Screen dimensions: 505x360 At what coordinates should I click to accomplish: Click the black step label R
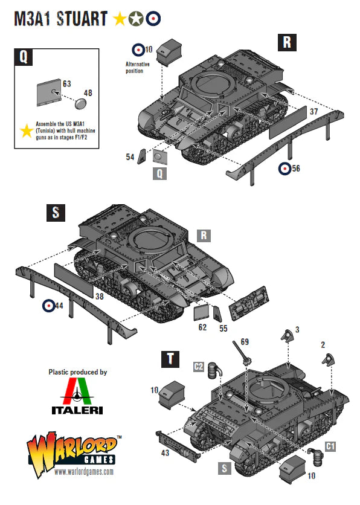point(287,42)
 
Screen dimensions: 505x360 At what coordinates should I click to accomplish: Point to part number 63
point(67,83)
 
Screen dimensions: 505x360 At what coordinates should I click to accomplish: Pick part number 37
point(313,112)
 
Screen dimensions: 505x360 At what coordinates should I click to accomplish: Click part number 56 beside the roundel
point(295,169)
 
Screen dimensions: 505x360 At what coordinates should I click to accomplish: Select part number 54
point(130,157)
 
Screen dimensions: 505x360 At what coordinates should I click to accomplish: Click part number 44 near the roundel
point(59,306)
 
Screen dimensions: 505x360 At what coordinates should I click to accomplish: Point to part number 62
point(202,327)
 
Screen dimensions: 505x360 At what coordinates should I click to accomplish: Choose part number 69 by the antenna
point(244,342)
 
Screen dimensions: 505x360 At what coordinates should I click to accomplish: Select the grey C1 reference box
point(330,446)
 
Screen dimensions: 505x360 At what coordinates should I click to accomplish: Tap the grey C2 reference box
point(198,366)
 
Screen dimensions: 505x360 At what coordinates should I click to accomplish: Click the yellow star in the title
point(120,19)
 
